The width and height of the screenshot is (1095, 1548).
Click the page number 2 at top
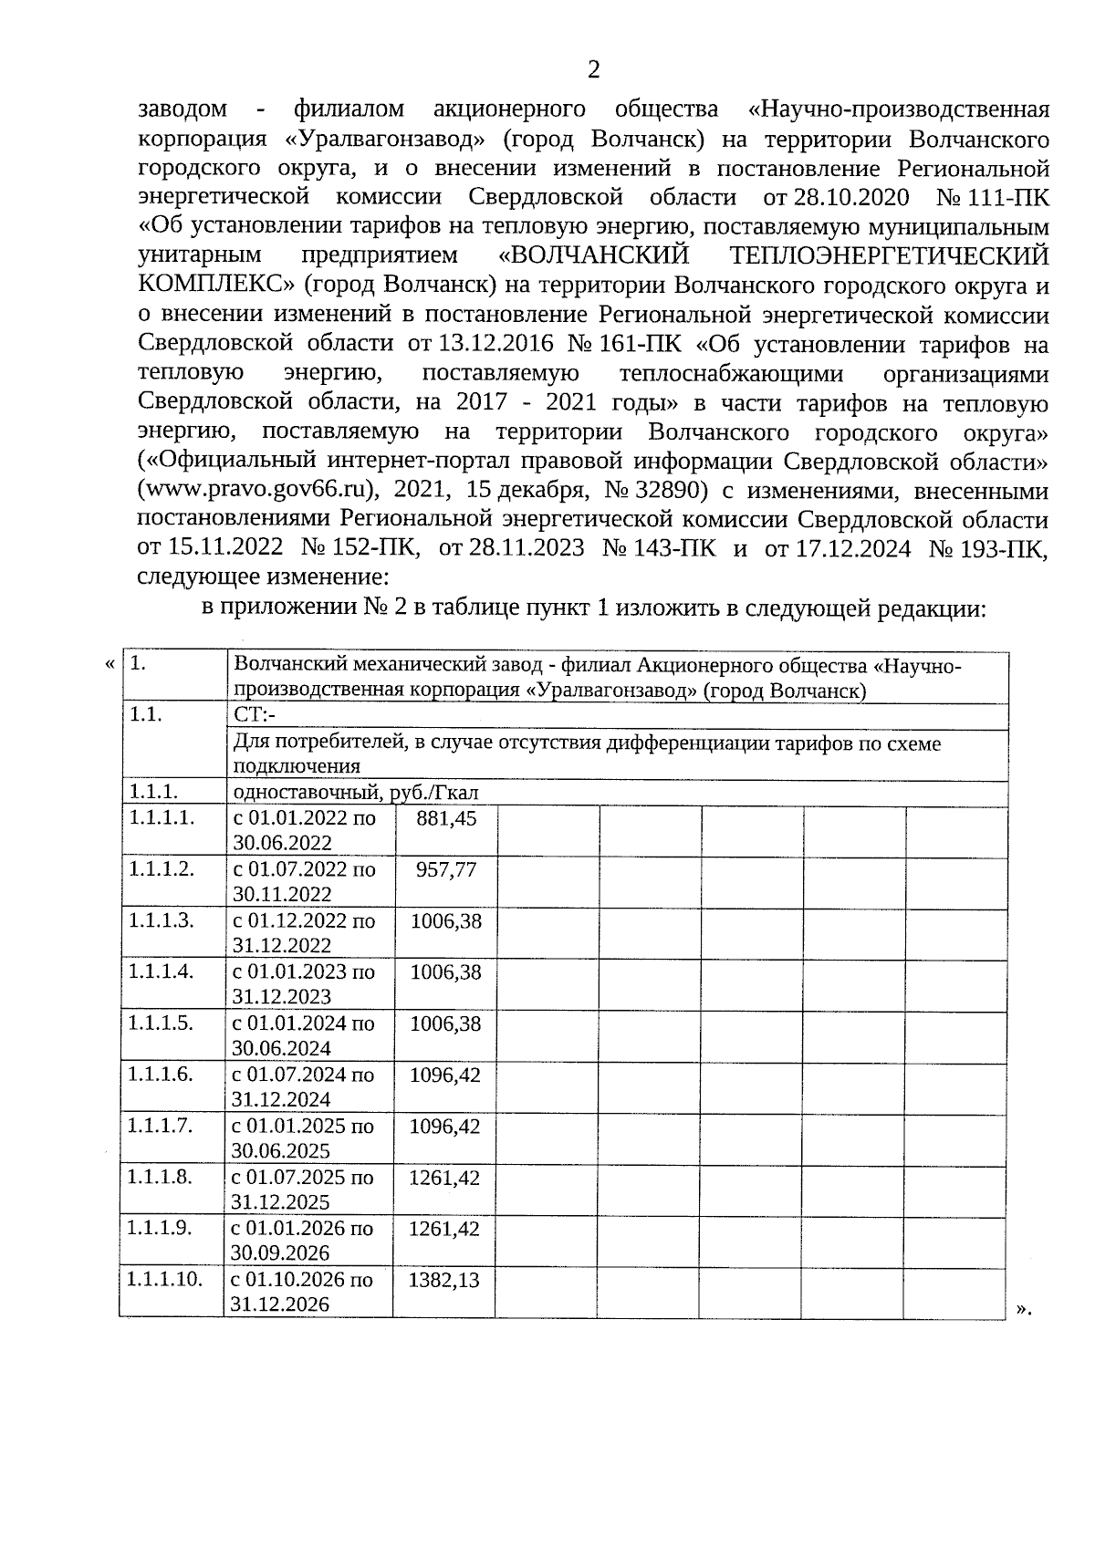pos(593,70)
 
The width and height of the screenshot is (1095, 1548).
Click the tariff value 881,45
pos(446,818)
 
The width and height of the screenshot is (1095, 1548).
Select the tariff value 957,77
pos(446,869)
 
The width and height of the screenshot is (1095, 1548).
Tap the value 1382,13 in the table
pos(444,1280)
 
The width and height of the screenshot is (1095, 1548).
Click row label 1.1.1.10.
pos(165,1279)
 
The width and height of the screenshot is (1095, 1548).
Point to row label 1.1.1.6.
pos(162,1074)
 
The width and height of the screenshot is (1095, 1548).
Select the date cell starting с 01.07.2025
pos(303,1189)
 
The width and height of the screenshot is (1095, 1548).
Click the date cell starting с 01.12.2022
pos(304,932)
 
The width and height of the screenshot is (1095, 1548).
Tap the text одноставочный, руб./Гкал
pos(356,793)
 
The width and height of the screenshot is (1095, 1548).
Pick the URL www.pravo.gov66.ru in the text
pos(256,490)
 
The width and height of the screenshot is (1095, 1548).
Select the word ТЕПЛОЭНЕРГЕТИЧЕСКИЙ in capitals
pos(891,255)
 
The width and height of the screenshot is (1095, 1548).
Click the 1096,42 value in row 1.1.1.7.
pos(444,1126)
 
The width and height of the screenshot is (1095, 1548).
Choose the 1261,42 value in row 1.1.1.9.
pos(444,1228)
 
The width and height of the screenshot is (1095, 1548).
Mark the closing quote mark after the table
pos(1022,1309)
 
